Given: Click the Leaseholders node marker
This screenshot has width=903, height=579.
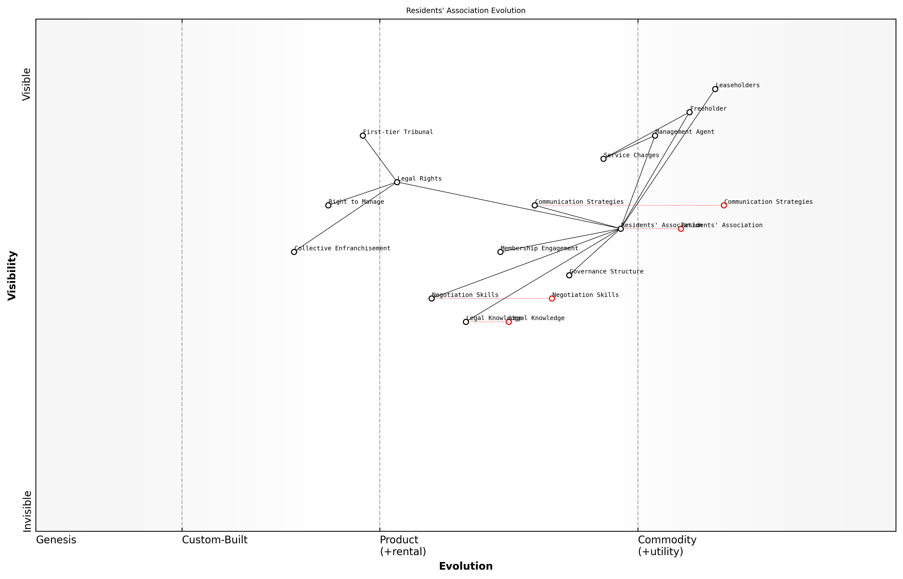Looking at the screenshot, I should [x=715, y=89].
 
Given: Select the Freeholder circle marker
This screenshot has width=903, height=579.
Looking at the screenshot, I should [x=689, y=112].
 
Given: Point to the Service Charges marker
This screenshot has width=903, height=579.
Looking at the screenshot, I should [x=603, y=159].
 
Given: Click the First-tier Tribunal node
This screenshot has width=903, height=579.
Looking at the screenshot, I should [x=363, y=135].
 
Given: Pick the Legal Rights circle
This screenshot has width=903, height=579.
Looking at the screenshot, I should [x=397, y=182].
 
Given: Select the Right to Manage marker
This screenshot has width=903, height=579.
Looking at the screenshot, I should [x=328, y=205].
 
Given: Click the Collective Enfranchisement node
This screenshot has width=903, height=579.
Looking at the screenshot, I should [x=294, y=252].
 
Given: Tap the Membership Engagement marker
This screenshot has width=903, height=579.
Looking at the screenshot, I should [x=500, y=252].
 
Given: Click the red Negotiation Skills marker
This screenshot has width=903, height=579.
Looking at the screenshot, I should [x=552, y=299].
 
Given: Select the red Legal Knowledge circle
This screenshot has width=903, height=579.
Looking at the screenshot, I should [x=509, y=322].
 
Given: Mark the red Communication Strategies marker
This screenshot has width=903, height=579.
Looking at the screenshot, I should [x=723, y=205].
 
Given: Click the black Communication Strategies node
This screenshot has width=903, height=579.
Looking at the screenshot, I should [x=535, y=205].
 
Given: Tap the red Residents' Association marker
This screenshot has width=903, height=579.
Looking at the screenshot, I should [x=681, y=229].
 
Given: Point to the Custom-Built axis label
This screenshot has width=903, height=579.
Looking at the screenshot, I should [x=215, y=540].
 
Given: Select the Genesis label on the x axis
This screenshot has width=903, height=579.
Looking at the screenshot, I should [x=56, y=540].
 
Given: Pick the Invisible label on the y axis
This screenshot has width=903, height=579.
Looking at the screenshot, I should [x=27, y=511].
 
